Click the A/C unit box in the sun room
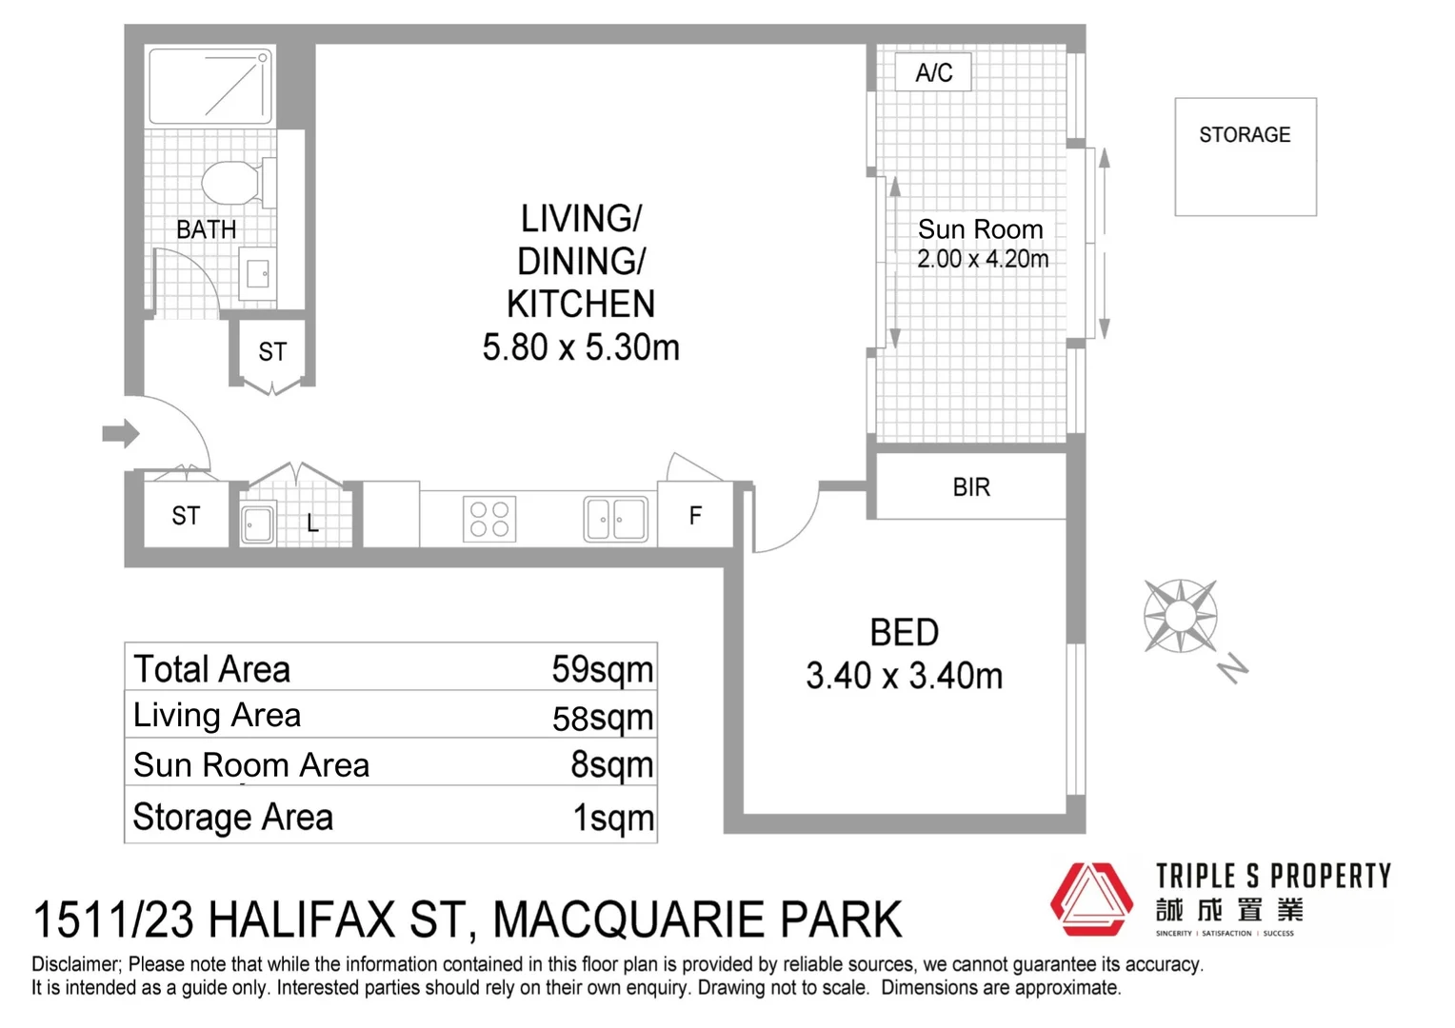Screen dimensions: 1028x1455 (x=933, y=72)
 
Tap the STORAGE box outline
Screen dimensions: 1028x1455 (x=1245, y=157)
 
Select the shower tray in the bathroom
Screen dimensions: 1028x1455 (x=210, y=86)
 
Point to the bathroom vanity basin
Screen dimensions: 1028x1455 (x=258, y=274)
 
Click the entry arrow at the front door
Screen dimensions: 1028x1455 (x=121, y=434)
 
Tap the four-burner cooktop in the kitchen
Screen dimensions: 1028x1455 (x=489, y=520)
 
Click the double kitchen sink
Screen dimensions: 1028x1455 (x=616, y=520)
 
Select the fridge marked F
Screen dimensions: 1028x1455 (x=695, y=516)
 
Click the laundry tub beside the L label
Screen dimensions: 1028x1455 (x=257, y=524)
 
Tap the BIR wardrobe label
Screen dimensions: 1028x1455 (x=971, y=487)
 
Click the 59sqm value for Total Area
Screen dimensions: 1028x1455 (x=602, y=669)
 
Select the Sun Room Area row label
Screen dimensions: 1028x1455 (x=251, y=765)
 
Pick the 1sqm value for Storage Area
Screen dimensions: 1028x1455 (x=613, y=818)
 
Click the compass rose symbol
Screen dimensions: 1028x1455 (x=1181, y=616)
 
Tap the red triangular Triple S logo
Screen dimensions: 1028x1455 (x=1091, y=899)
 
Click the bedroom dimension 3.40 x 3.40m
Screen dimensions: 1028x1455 (x=904, y=676)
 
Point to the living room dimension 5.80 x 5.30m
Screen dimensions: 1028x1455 (x=581, y=347)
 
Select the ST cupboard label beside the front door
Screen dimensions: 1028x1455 (x=186, y=516)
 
